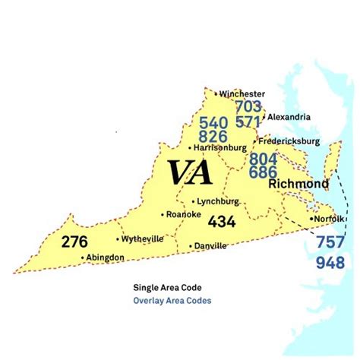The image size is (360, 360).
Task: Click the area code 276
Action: [75, 242]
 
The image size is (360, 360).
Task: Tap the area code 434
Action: [221, 221]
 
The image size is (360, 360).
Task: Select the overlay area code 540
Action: [213, 122]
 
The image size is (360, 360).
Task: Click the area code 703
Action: [248, 107]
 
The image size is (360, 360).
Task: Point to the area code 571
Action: [248, 121]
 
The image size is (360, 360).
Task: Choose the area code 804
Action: [264, 159]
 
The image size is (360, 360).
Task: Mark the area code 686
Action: [264, 172]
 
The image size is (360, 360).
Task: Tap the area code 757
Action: [330, 245]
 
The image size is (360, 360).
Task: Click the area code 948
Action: [330, 264]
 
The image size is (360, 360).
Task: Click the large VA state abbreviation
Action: [190, 173]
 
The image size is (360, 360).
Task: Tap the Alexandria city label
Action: [288, 117]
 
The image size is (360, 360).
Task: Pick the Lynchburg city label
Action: [217, 201]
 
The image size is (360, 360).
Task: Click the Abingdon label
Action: [104, 257]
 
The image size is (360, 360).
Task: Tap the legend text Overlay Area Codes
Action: [172, 301]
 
